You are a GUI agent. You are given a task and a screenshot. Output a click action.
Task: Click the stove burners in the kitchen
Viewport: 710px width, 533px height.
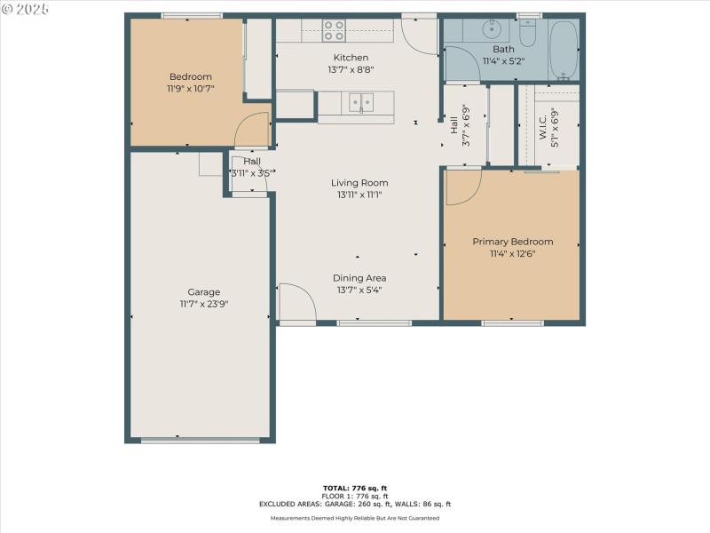coord(334,30)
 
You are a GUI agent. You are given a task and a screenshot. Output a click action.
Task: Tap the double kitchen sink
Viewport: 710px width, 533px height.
coord(361,103)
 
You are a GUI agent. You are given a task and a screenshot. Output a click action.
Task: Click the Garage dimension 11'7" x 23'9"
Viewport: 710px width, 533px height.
coord(203,304)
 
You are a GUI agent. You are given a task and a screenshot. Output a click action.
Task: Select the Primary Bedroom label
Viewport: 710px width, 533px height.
coord(512,242)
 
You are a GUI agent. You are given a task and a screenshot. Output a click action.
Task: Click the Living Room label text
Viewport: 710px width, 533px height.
coord(361,183)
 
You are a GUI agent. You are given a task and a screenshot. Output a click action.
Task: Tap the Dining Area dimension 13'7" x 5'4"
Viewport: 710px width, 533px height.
coord(359,290)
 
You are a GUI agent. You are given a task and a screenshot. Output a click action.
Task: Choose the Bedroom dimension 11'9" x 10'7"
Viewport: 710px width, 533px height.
coord(190,89)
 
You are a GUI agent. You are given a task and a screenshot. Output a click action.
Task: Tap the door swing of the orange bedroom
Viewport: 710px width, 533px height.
coord(253,131)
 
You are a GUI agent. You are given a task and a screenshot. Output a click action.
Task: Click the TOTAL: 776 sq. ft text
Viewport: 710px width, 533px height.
coord(355,488)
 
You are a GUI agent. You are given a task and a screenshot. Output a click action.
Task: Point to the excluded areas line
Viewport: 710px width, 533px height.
coord(355,504)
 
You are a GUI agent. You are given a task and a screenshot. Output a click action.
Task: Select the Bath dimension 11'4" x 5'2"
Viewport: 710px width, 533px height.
coord(504,61)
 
